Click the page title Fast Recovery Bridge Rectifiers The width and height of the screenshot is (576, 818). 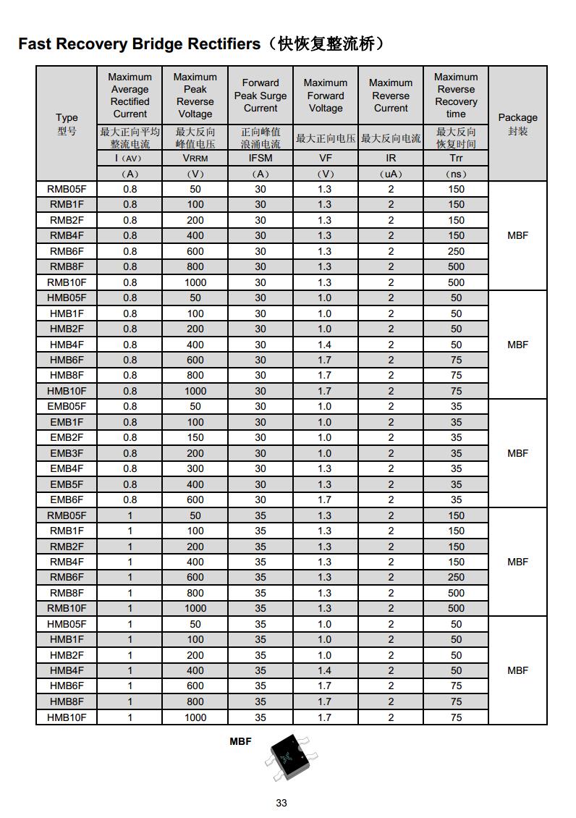tap(139, 44)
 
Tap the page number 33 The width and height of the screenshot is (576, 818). tap(281, 803)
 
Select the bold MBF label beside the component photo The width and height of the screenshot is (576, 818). tap(240, 741)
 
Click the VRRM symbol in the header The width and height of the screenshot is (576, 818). tap(195, 158)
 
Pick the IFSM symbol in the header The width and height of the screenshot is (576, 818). tap(261, 158)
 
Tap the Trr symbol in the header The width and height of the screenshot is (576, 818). tap(456, 158)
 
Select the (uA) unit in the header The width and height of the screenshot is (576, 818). tap(391, 174)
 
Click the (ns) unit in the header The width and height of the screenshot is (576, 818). tap(456, 174)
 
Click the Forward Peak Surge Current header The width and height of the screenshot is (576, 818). tap(261, 96)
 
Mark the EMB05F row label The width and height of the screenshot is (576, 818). tap(67, 407)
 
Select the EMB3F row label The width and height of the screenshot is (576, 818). tap(67, 453)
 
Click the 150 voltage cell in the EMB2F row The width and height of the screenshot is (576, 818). tap(195, 438)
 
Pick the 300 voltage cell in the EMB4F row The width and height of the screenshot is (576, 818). tap(195, 469)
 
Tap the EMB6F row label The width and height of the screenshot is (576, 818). tap(67, 500)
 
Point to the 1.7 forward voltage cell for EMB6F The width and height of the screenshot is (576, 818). tap(325, 500)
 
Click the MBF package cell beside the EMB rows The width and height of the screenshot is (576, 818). tap(517, 453)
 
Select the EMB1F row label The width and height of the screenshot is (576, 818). tap(67, 422)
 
